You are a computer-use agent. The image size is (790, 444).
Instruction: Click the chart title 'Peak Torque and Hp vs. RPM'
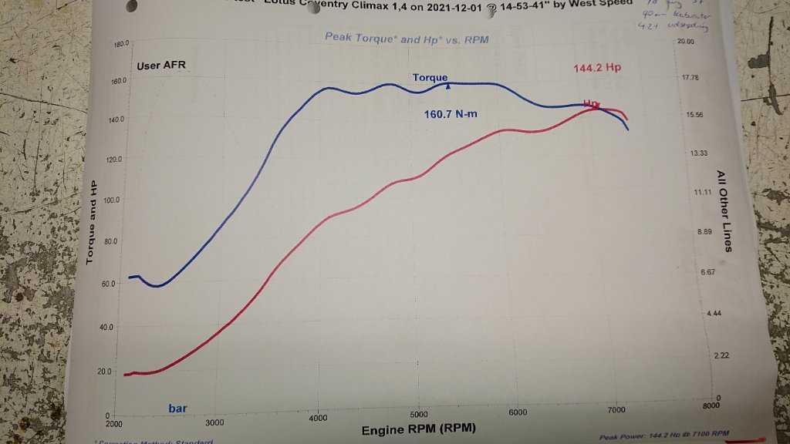(x=406, y=38)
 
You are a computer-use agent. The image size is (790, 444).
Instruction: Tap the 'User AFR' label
(x=161, y=66)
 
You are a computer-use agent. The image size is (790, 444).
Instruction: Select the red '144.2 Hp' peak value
(x=597, y=68)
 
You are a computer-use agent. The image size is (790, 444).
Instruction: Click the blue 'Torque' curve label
(x=430, y=78)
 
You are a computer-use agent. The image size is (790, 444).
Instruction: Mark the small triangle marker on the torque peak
(x=447, y=86)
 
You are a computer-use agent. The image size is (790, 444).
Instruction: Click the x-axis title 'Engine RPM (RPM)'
(x=419, y=429)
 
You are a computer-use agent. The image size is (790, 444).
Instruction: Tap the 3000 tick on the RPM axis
(x=214, y=422)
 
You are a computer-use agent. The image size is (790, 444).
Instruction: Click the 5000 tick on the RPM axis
(x=418, y=414)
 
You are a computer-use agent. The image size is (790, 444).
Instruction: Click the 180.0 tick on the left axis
(x=120, y=44)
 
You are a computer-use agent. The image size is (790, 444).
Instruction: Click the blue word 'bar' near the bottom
(x=178, y=408)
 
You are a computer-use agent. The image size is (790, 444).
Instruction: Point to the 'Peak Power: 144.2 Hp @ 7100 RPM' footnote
(x=663, y=436)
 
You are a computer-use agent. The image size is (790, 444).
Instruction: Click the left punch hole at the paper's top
(x=131, y=5)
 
